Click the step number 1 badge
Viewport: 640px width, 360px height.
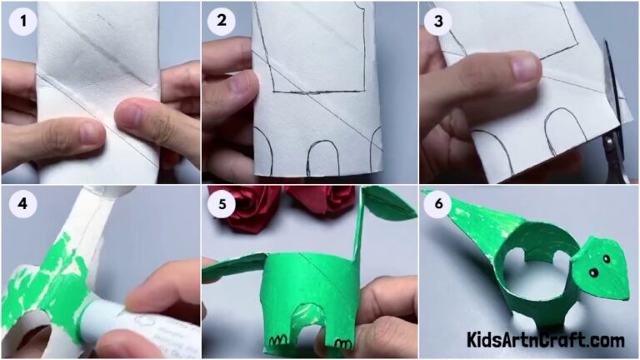pyautogui.click(x=22, y=22)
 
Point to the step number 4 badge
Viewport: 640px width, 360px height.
pyautogui.click(x=22, y=206)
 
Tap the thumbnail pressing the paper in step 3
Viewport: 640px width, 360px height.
pyautogui.click(x=526, y=68)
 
